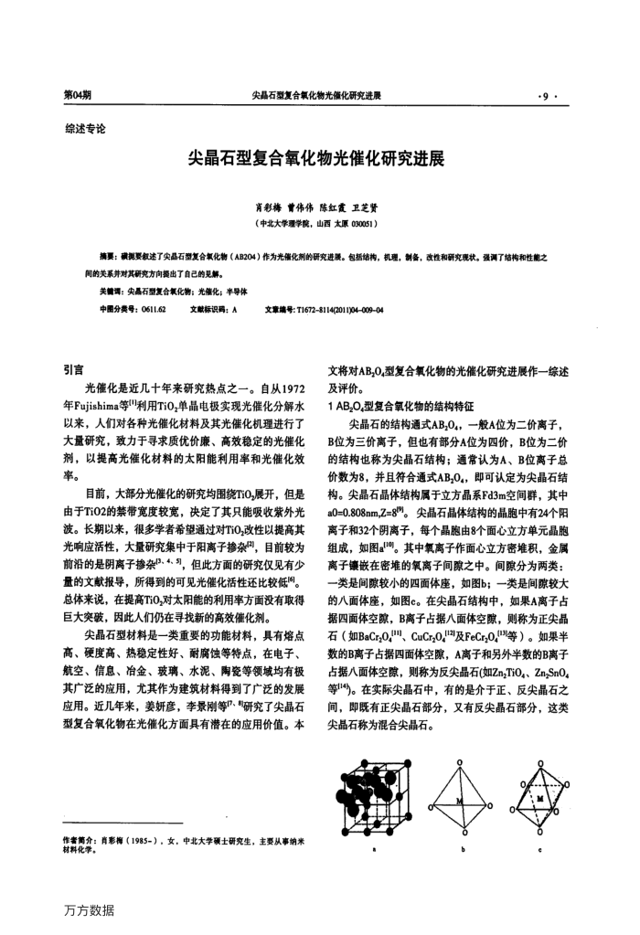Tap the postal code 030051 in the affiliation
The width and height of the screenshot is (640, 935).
tap(361, 223)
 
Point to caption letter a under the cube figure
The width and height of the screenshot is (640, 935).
tap(374, 848)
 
